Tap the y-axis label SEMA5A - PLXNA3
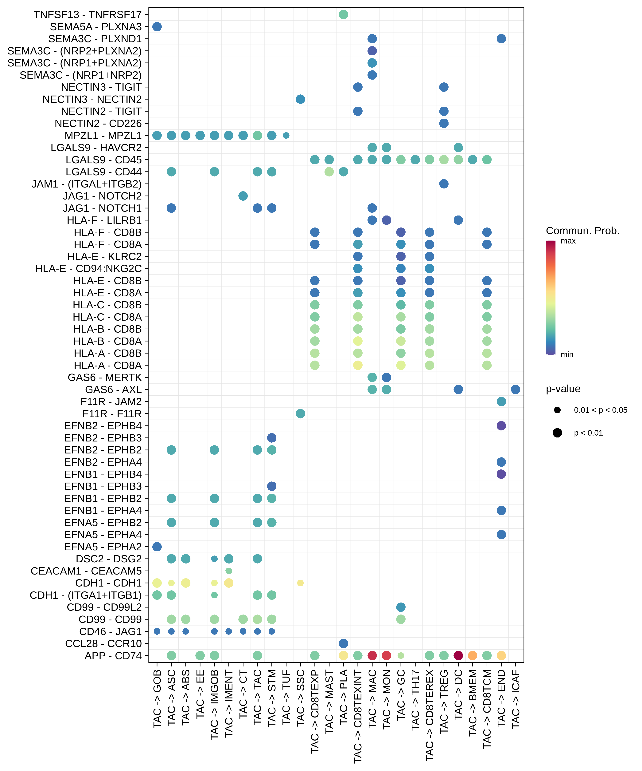click(96, 27)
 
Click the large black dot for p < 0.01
click(557, 433)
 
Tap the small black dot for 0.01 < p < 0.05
click(557, 410)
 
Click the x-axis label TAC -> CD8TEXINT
click(358, 716)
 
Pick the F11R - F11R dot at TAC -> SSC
click(300, 414)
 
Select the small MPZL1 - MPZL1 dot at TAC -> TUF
click(286, 136)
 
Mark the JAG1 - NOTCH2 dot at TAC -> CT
click(243, 196)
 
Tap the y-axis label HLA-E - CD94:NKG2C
click(88, 269)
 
